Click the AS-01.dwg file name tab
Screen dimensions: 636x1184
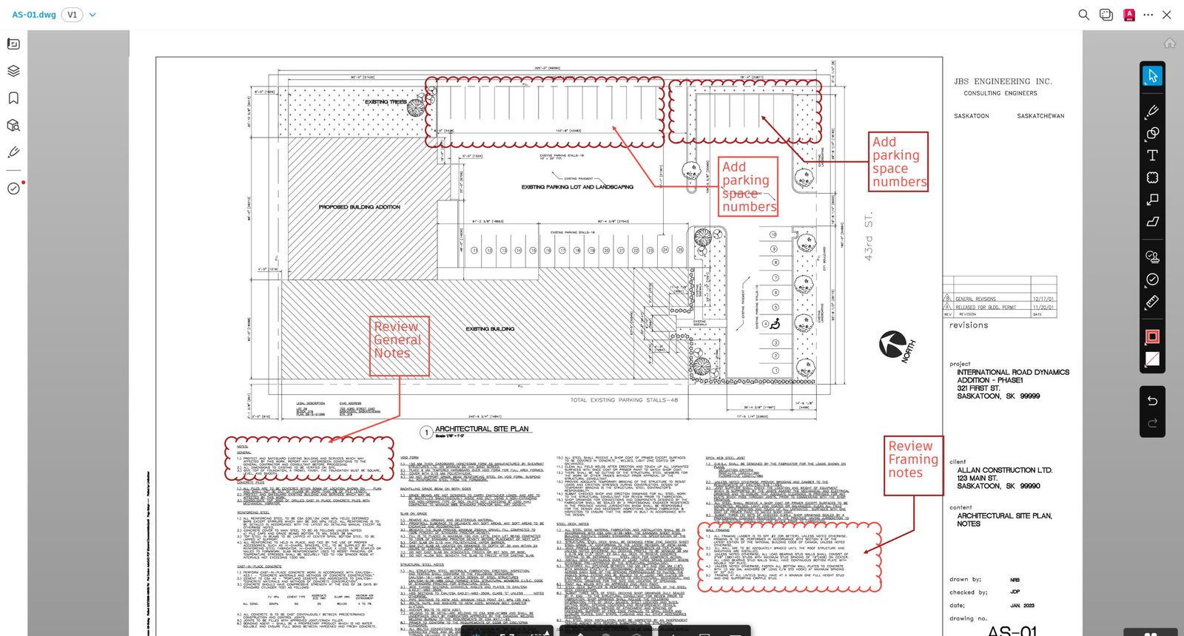point(34,15)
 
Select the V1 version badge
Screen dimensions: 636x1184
point(72,15)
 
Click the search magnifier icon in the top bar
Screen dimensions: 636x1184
point(1083,15)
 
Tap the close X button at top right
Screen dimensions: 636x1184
point(1167,15)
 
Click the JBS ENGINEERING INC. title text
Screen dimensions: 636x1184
point(1003,81)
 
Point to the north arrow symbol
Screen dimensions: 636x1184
point(893,344)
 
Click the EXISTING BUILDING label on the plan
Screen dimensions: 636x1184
point(490,328)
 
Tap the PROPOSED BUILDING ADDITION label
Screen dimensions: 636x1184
point(359,207)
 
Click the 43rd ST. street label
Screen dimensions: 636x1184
point(869,237)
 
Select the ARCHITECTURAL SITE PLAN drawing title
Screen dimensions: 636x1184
point(482,429)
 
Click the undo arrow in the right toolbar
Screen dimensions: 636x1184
point(1152,401)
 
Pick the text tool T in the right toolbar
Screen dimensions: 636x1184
point(1152,155)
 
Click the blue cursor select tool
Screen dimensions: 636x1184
point(1152,75)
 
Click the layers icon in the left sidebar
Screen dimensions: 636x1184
point(13,71)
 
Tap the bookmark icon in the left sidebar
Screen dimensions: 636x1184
point(13,98)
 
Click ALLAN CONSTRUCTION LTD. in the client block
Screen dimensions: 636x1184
point(1004,470)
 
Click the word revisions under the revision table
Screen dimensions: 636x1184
point(969,325)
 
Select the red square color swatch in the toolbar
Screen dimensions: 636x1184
point(1152,336)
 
